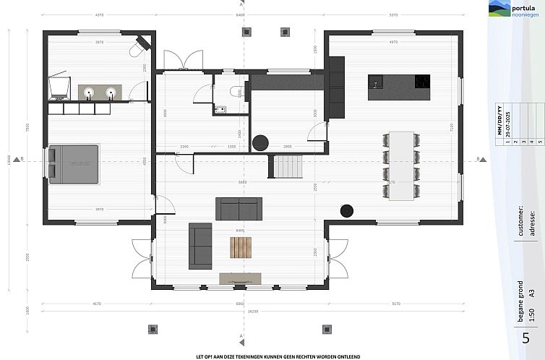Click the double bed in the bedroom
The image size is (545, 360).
(x=74, y=163)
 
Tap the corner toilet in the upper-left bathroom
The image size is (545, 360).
(x=137, y=48)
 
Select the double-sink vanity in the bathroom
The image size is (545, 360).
(x=100, y=93)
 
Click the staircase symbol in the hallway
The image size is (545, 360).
(x=287, y=168)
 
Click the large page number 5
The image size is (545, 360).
(x=525, y=338)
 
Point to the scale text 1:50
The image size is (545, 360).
(x=531, y=315)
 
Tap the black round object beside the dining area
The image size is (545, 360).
(x=347, y=210)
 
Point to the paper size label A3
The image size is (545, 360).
(x=531, y=293)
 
